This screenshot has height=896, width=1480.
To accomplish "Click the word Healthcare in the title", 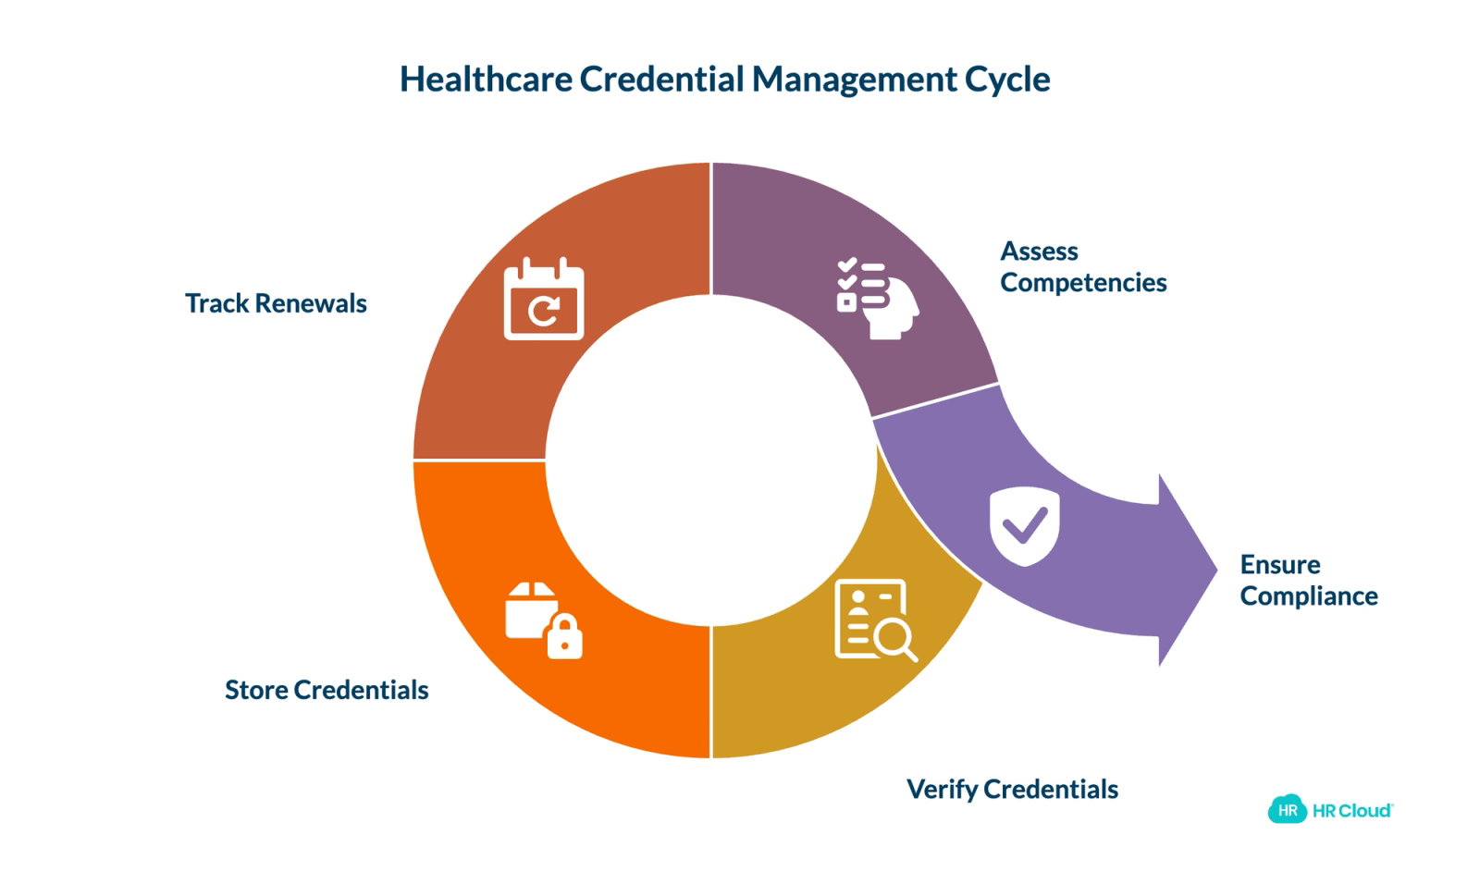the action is [487, 80].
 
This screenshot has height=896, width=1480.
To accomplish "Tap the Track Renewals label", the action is [276, 303].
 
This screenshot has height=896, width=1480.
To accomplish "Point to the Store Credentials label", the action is [327, 689].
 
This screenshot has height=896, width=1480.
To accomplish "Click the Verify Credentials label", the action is [1012, 790].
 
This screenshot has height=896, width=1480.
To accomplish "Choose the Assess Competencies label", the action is [1083, 266].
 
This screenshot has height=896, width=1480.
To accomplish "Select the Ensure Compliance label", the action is [1309, 581].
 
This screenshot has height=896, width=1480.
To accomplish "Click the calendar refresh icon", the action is [544, 299].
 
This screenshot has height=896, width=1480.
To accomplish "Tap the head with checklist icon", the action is [878, 299].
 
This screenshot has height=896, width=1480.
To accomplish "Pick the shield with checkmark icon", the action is [1025, 526].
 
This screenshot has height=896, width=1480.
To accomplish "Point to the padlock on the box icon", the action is [565, 636].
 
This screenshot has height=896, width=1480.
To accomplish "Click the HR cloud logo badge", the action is [1287, 809].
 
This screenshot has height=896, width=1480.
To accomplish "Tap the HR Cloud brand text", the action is [1352, 811].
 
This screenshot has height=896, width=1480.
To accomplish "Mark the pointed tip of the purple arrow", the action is [1217, 570].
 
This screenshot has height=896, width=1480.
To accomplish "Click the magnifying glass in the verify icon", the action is [895, 639].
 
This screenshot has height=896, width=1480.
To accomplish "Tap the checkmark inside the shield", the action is [1025, 525].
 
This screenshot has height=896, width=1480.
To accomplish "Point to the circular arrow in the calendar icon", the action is [544, 311].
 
